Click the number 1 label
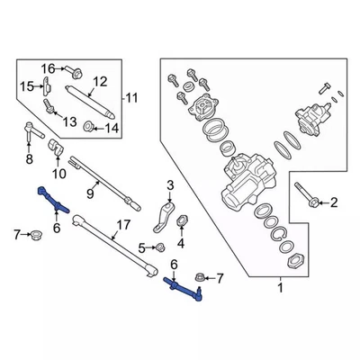[279, 288]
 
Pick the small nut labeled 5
[159, 247]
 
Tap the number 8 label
[29, 160]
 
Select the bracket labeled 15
[44, 86]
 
